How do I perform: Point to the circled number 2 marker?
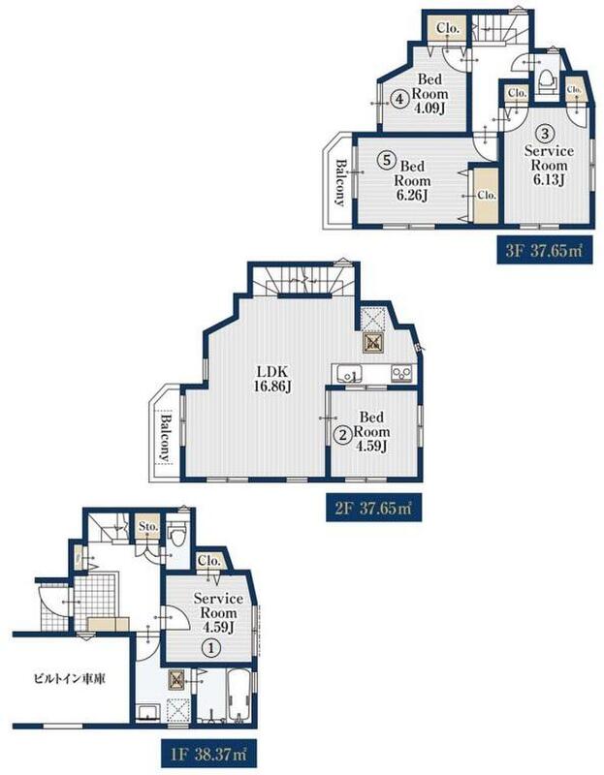tap(342, 435)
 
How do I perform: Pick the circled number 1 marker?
tap(211, 647)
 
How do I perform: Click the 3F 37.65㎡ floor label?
tap(544, 250)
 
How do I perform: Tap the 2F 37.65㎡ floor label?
tap(373, 508)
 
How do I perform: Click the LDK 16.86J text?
tap(271, 379)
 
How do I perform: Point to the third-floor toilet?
tap(546, 81)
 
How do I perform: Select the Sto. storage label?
tap(148, 527)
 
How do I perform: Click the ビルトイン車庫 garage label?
tap(69, 679)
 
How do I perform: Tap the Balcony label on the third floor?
tap(341, 181)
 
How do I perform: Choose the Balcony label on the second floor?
tap(166, 438)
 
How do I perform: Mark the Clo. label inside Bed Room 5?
tap(487, 196)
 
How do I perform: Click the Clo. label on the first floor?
tap(208, 562)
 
